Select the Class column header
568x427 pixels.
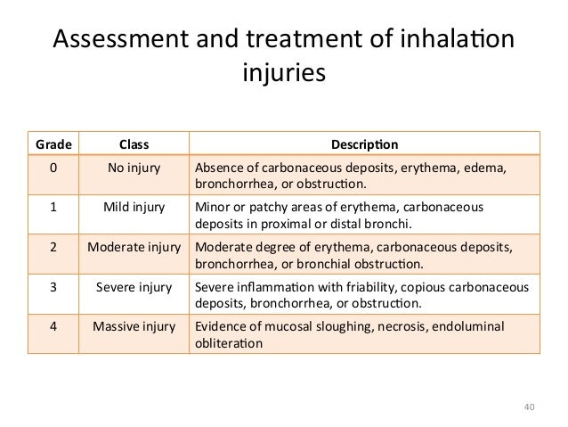click(134, 144)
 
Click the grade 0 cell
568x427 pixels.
click(53, 168)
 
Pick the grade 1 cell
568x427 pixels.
click(53, 208)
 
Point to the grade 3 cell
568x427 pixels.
click(53, 287)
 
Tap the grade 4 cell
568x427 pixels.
click(53, 326)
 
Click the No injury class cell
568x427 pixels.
click(134, 168)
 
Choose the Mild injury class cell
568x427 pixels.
click(134, 208)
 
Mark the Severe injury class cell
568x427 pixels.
click(134, 287)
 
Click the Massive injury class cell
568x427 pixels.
click(134, 326)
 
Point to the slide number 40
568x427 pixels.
click(531, 408)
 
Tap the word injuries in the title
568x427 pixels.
click(284, 72)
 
